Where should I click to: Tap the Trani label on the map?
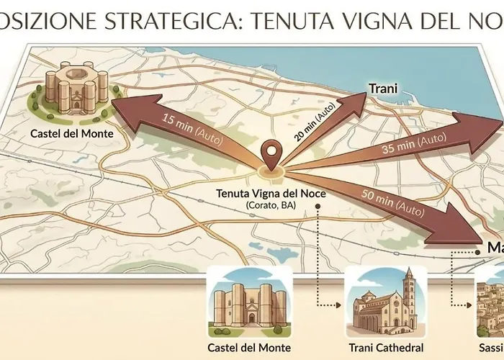tap(383, 88)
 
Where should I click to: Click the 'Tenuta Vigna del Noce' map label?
tap(270, 194)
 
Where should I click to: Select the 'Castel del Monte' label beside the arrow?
tap(66, 133)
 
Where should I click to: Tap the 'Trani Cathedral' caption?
tap(387, 346)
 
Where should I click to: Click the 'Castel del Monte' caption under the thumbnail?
tap(249, 346)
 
